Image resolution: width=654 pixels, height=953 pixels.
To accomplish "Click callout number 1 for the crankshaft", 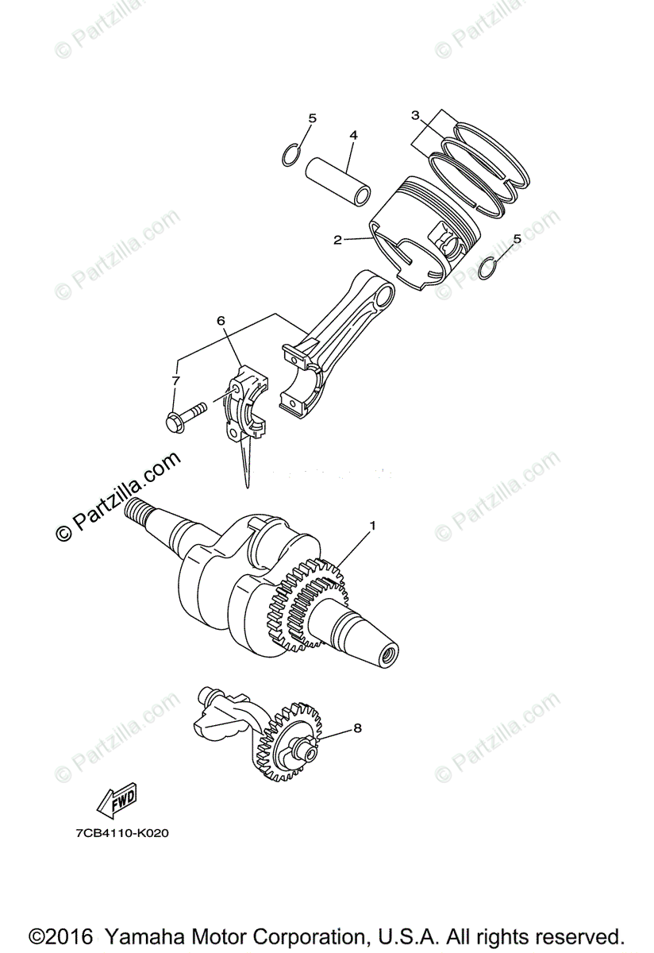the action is [x=373, y=527].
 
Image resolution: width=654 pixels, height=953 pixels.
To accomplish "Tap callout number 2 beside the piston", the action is [x=337, y=241].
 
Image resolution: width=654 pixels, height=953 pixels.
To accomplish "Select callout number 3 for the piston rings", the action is [x=415, y=115].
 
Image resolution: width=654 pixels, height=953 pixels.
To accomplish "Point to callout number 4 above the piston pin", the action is [x=353, y=135].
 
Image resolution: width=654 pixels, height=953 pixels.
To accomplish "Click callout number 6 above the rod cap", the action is [x=221, y=321].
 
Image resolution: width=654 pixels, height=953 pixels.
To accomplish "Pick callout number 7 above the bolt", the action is [x=176, y=380].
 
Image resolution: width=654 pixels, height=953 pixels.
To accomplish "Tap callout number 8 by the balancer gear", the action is [x=357, y=728].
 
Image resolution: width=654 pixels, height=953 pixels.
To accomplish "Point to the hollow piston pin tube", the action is [x=338, y=182].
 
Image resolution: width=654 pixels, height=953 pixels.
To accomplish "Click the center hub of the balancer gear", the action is [x=307, y=754].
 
